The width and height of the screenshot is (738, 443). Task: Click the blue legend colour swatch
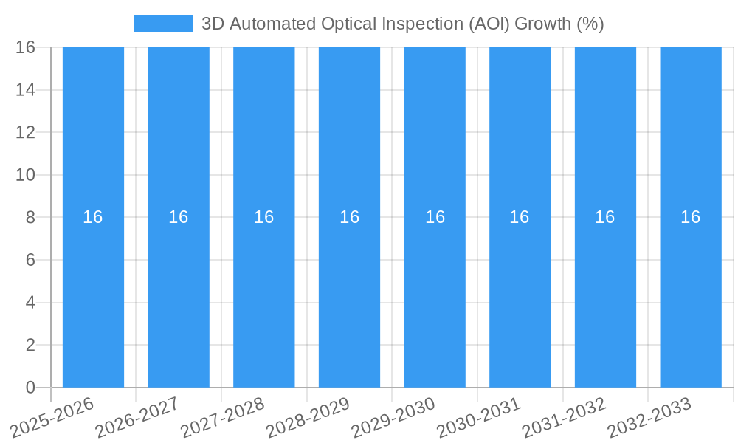click(162, 24)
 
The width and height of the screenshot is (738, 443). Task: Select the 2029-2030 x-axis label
click(393, 418)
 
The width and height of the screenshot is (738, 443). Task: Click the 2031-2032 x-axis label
click(564, 418)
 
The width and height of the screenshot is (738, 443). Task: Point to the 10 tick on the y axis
click(26, 175)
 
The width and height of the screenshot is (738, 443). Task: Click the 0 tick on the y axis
click(30, 388)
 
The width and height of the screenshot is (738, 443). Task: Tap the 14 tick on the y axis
click(26, 90)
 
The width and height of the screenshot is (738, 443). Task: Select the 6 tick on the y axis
click(30, 260)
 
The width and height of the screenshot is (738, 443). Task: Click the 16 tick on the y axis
click(26, 47)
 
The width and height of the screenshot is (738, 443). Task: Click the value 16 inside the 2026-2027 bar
click(179, 217)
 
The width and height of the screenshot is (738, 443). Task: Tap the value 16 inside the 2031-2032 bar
click(605, 217)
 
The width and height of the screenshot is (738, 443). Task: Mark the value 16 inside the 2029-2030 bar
click(435, 217)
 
